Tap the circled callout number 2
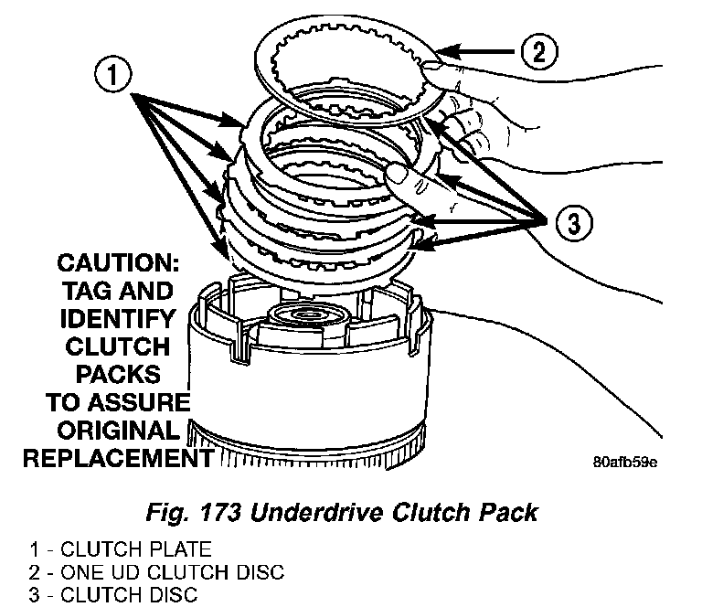(x=538, y=50)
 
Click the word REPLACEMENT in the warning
(x=112, y=457)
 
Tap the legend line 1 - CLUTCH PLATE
(x=121, y=550)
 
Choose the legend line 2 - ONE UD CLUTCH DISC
(x=156, y=573)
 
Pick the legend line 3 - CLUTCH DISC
(x=113, y=596)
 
